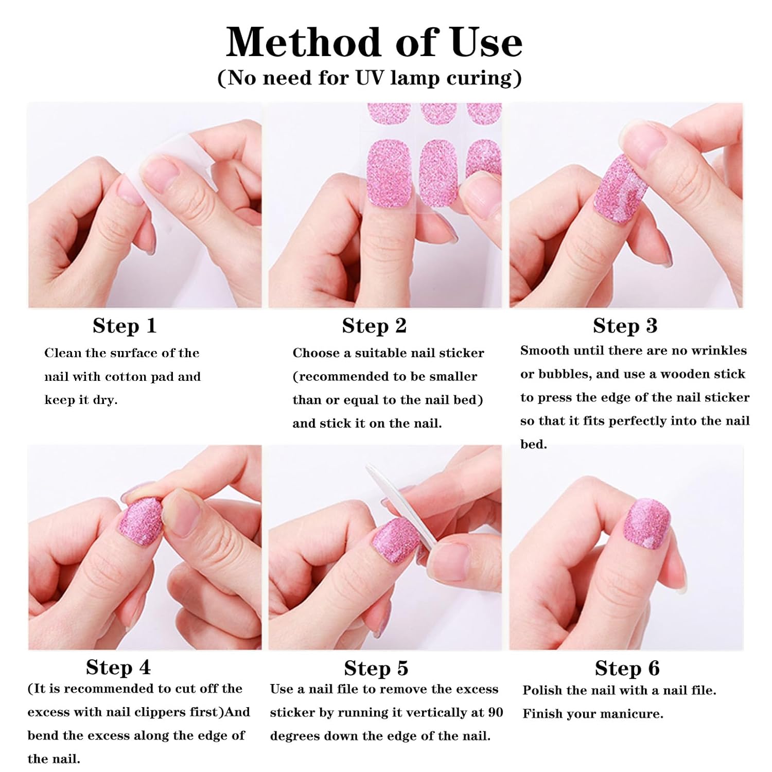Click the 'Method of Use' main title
[374, 42]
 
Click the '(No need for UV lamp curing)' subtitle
[370, 78]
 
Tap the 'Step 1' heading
[125, 326]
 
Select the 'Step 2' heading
[374, 326]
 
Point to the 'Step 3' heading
[625, 326]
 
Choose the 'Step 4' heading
[118, 668]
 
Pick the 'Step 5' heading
[376, 669]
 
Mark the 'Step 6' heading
[627, 669]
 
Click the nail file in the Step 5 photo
[401, 507]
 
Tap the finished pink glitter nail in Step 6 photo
[647, 525]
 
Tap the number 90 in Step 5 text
[495, 713]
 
